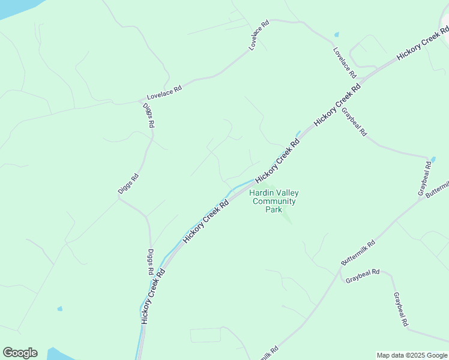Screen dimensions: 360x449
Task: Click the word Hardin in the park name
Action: [262, 193]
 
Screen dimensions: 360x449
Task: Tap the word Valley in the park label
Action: [287, 193]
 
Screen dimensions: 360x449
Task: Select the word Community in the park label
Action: [274, 202]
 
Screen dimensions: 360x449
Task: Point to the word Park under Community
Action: [274, 210]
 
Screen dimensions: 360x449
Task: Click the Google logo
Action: [20, 353]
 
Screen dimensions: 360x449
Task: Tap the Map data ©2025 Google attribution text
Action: [412, 355]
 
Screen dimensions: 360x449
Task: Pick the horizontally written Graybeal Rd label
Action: [363, 272]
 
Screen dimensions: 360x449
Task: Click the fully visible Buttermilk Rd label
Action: [358, 253]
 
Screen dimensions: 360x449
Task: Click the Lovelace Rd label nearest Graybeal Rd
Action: [345, 62]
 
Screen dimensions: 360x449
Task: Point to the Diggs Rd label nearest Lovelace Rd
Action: [149, 115]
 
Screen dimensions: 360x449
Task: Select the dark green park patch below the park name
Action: [287, 214]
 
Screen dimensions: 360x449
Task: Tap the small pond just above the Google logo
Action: [59, 309]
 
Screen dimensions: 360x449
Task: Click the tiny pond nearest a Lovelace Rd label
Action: [336, 34]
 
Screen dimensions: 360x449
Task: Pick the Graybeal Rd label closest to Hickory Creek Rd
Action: [354, 122]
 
